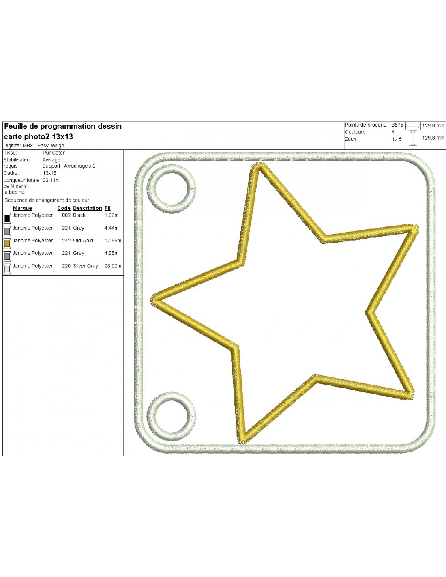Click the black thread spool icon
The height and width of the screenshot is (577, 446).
[7, 218]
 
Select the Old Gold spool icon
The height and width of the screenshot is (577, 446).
[7, 243]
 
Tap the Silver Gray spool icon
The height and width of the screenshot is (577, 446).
[7, 269]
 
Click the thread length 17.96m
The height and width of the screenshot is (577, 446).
[113, 241]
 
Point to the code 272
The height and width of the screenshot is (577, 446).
[66, 241]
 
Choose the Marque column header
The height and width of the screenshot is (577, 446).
[22, 208]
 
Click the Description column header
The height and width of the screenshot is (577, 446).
[88, 208]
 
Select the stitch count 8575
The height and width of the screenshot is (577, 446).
[397, 125]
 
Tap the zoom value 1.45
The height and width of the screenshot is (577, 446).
[397, 139]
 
